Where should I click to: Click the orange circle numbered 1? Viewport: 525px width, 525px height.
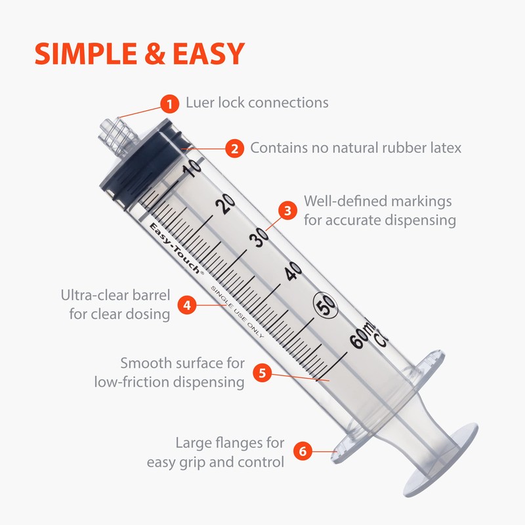[170, 103]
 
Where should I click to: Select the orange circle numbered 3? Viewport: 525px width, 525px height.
[287, 210]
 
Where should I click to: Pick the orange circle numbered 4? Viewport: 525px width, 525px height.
[187, 305]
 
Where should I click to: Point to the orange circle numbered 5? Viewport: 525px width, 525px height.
[262, 373]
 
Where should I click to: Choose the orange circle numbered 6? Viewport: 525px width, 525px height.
[302, 451]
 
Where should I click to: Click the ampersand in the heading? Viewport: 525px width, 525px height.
[151, 54]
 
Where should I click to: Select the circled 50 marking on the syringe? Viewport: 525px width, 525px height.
[325, 304]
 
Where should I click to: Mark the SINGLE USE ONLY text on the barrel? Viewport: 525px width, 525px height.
[236, 312]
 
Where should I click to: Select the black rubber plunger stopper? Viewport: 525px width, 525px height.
[138, 164]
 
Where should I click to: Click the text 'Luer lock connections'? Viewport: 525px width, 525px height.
[257, 103]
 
